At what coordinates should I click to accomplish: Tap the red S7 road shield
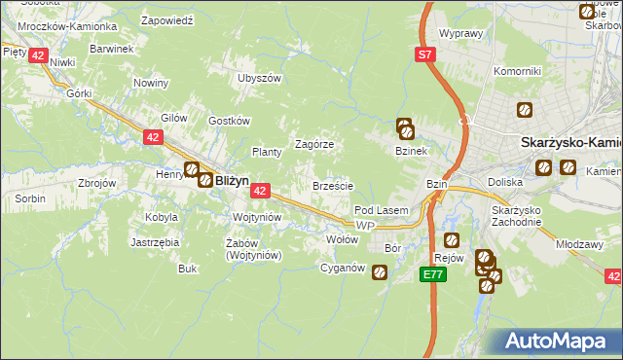[425, 55]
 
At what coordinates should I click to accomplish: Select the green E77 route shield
[434, 275]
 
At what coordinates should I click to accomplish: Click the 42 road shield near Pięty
[37, 55]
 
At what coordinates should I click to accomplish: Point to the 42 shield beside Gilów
[153, 138]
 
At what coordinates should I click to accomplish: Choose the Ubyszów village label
[259, 78]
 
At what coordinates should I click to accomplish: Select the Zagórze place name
[314, 143]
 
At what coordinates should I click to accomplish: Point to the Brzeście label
[332, 185]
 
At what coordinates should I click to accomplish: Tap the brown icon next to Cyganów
[379, 274]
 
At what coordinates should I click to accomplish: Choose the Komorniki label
[517, 71]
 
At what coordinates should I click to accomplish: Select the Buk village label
[188, 269]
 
